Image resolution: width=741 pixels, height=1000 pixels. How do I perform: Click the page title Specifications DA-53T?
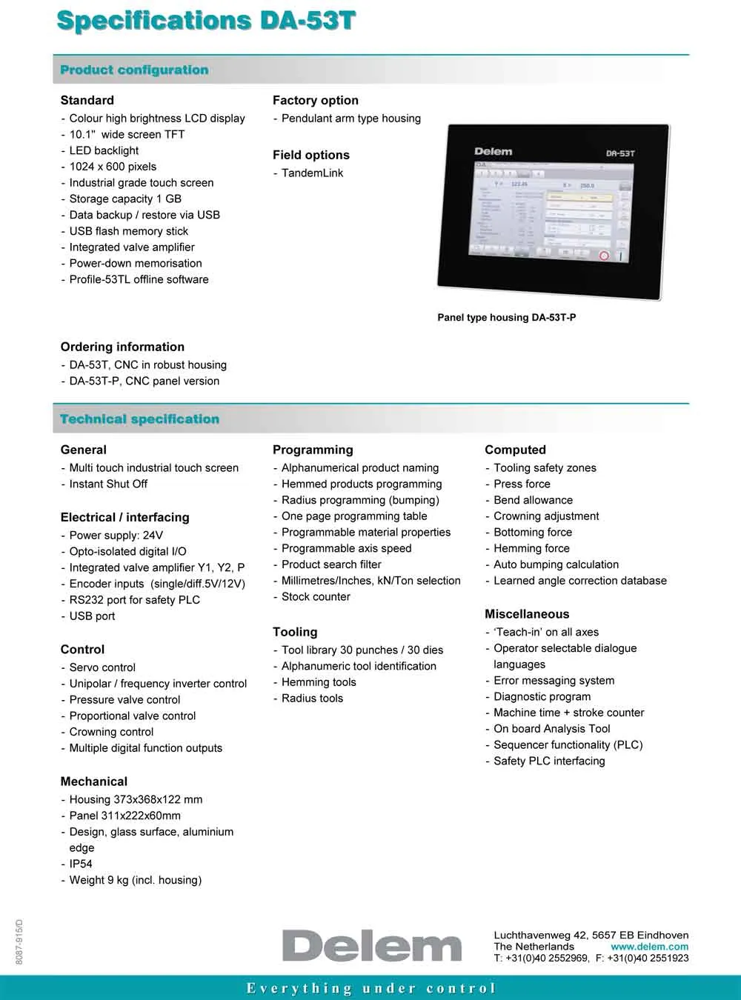tap(206, 20)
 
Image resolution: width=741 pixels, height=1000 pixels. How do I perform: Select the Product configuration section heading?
tap(134, 70)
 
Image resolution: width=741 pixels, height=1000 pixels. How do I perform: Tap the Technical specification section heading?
tap(139, 419)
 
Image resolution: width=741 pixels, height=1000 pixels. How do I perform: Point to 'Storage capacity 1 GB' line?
tap(125, 199)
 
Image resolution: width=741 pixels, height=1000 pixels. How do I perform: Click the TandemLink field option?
tap(312, 173)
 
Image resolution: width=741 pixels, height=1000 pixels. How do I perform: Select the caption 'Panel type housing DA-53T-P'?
tap(506, 317)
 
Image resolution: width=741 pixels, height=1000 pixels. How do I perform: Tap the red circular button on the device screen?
tap(603, 256)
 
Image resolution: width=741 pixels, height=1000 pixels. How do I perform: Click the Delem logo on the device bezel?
tap(493, 152)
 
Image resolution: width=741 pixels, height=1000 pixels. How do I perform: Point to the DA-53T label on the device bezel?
tap(619, 153)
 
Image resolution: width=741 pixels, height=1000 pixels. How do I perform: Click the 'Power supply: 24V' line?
tap(116, 535)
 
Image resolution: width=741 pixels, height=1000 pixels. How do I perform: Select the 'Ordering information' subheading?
tap(122, 347)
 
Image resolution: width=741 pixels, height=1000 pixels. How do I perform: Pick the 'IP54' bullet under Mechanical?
tap(81, 864)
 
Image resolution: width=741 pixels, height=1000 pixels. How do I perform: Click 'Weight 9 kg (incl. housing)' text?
tap(135, 880)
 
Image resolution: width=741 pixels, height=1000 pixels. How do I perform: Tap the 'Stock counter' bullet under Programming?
tap(316, 596)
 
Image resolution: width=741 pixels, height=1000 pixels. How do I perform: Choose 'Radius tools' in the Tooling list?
tap(312, 698)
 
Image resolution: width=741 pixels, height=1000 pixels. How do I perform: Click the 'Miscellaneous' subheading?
tap(527, 614)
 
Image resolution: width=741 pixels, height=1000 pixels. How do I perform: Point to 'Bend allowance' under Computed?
tap(533, 500)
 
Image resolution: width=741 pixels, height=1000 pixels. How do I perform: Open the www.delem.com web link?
tap(649, 947)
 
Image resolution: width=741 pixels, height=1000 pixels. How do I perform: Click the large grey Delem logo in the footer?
tap(372, 946)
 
